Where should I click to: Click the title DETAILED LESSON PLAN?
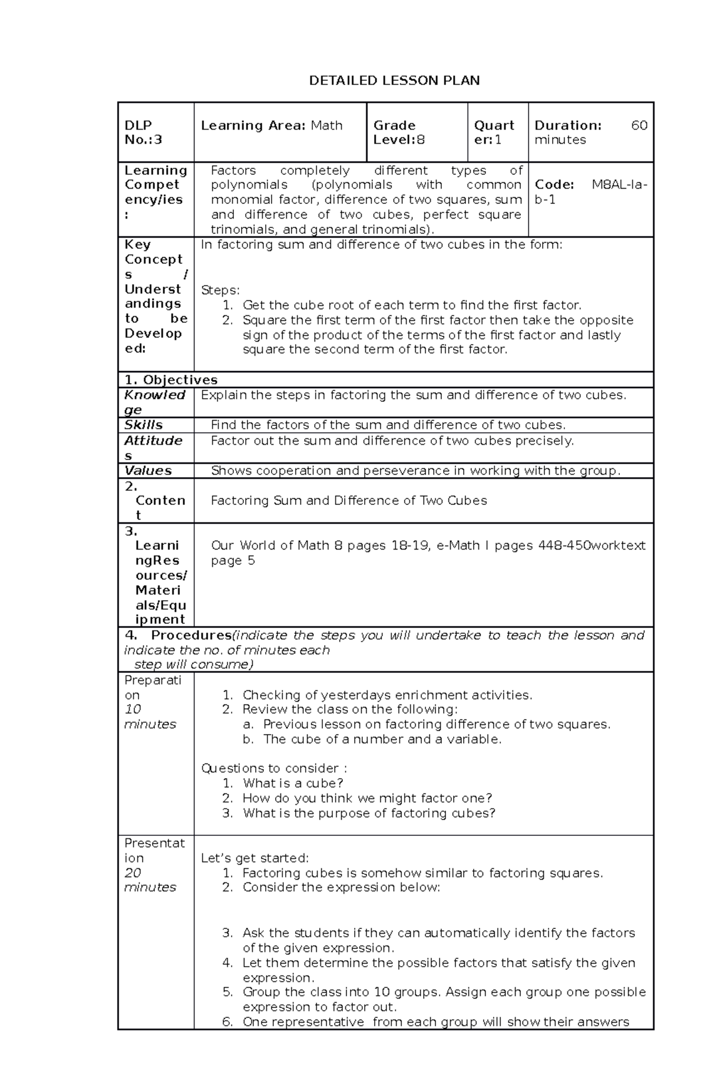point(394,81)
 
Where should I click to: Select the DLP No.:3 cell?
point(143,133)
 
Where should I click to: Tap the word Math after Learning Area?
point(326,125)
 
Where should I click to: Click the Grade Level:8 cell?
point(399,133)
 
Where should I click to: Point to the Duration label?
point(567,125)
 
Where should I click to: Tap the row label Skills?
point(143,425)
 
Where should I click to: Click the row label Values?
point(148,471)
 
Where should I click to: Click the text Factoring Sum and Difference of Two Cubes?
point(349,501)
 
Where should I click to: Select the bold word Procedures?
point(191,635)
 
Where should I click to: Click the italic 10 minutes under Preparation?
point(150,717)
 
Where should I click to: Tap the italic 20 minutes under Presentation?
point(150,880)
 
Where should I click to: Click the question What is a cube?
point(292,784)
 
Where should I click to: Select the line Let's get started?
point(255,858)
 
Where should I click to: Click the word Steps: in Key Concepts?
point(220,290)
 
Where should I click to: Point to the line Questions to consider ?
point(274,768)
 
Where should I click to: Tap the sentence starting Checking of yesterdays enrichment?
point(387,695)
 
